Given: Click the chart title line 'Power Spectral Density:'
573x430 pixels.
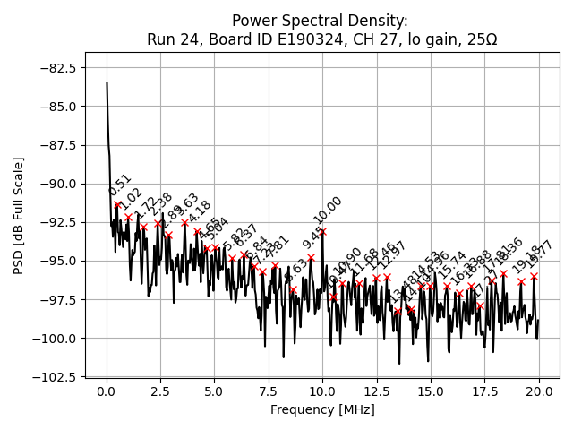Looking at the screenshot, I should tap(320, 21).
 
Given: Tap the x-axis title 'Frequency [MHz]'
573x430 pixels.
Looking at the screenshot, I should tap(322, 409).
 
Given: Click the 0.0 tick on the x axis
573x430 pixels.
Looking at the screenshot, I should tap(107, 391).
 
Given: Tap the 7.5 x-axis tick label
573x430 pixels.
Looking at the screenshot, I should tap(269, 391).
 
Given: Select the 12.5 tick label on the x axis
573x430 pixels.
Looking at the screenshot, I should tap(377, 391).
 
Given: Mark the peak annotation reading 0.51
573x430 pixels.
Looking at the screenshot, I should tap(119, 185).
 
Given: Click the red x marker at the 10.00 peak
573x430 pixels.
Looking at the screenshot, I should tap(322, 232).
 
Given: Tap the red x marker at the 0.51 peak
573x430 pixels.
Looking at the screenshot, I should tap(117, 204).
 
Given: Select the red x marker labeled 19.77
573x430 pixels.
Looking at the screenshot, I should tap(534, 276).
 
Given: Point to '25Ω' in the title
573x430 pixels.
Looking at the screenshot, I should tap(476, 40).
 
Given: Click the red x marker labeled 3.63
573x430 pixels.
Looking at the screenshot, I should tap(185, 222).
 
